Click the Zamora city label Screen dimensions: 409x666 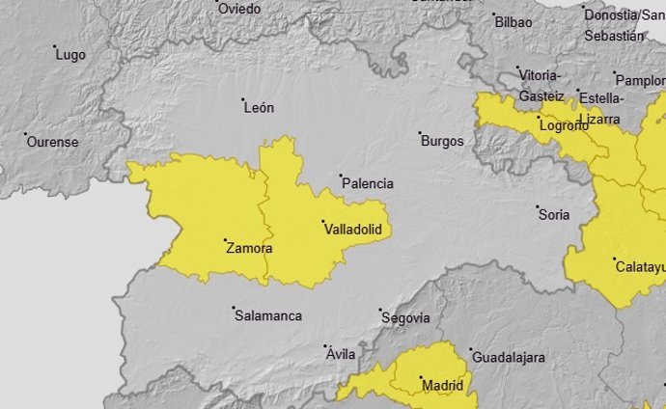pos(249,249)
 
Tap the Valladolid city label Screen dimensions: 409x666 pos(353,230)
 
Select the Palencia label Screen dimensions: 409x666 pos(369,183)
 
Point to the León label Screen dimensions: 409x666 pos(260,108)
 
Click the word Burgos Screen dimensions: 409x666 pos(442,141)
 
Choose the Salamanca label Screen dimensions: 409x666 pos(268,315)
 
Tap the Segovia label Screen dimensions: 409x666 pos(405,317)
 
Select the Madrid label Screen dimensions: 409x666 pos(443,386)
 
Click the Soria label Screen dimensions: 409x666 pos(555,214)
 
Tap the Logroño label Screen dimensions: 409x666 pos(564,125)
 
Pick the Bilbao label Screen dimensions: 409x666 pos(513,21)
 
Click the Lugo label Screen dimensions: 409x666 pos(71,55)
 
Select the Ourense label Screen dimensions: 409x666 pos(53,142)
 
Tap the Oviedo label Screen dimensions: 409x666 pos(239,9)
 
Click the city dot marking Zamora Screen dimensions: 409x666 pos(224,240)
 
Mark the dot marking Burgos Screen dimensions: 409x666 pos(420,133)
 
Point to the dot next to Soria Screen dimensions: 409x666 pos(538,206)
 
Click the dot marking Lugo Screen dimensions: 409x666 pos(55,47)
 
